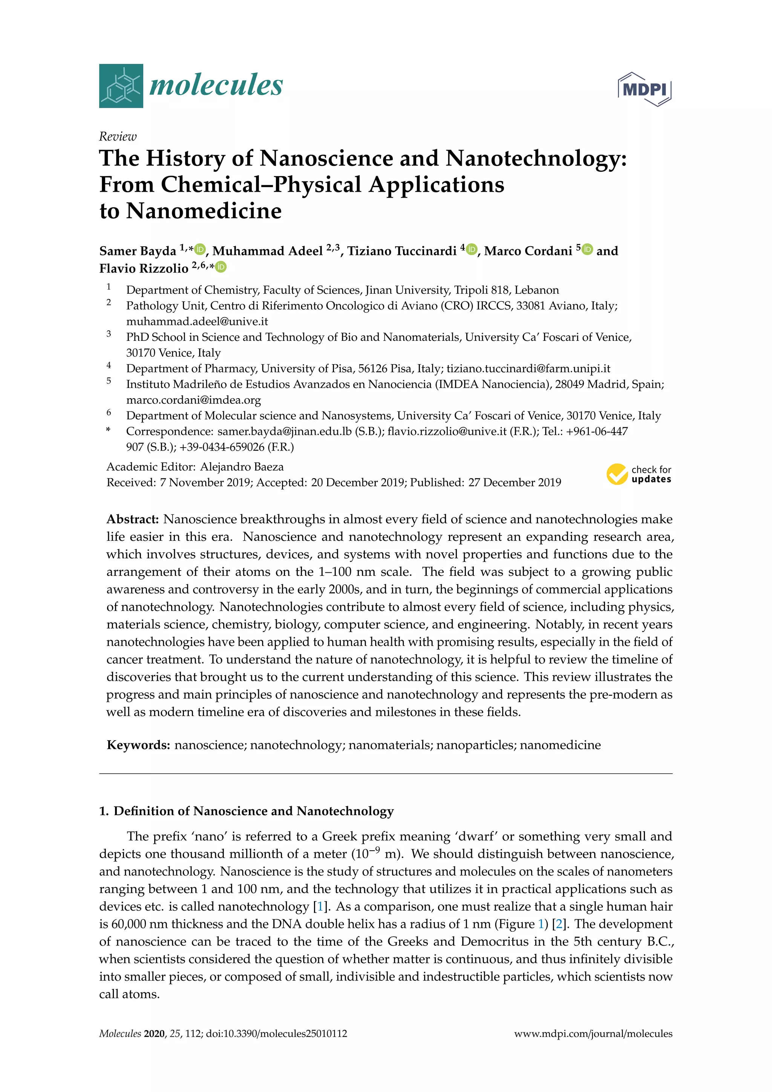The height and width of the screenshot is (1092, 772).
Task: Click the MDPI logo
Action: (x=645, y=89)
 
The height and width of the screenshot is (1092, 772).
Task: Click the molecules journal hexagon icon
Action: (x=121, y=86)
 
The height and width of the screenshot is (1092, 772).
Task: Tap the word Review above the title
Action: (x=117, y=136)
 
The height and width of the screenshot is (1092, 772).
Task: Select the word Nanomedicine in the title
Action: (x=204, y=211)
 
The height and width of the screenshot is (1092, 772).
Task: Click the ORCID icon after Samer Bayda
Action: (x=200, y=249)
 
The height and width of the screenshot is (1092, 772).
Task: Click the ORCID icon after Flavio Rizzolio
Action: (x=221, y=267)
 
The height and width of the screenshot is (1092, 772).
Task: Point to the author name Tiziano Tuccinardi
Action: (x=402, y=251)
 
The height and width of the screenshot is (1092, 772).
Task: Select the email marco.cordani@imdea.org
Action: (x=193, y=400)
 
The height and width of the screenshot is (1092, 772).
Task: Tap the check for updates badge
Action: (x=639, y=474)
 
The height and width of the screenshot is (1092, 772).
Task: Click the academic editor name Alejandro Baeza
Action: (x=242, y=466)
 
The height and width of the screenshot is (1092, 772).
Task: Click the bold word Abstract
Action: (x=133, y=519)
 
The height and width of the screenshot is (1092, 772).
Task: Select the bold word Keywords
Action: (x=138, y=745)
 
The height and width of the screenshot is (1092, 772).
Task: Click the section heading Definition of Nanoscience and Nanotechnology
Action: (x=253, y=811)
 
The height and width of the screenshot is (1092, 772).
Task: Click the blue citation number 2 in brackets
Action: (x=559, y=924)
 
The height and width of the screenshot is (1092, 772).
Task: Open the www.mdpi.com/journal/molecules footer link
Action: (x=593, y=1034)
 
